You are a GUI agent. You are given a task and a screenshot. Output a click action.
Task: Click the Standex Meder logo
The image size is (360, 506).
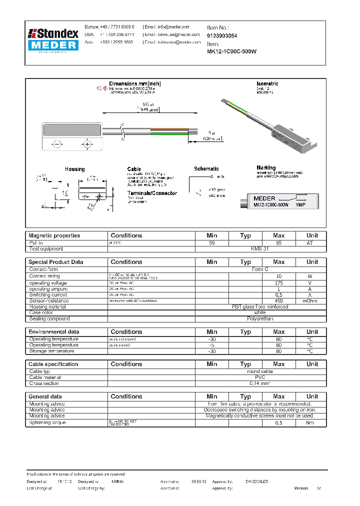click(54, 40)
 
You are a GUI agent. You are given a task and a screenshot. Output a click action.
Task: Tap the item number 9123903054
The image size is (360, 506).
click(222, 36)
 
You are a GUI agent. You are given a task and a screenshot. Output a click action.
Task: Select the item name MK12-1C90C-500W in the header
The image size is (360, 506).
click(231, 51)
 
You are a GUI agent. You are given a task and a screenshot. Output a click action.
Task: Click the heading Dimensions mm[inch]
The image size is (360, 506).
click(135, 83)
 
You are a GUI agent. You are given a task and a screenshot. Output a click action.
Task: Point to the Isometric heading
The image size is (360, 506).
click(267, 83)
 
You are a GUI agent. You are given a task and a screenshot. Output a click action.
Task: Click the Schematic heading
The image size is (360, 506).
click(206, 169)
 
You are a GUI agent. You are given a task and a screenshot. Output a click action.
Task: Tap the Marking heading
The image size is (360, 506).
click(266, 168)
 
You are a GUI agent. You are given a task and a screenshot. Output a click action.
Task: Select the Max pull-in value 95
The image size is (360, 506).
click(278, 242)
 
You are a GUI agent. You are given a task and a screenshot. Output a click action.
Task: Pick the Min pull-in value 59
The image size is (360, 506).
click(211, 242)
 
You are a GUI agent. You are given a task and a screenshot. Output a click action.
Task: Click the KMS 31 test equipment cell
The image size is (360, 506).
click(260, 248)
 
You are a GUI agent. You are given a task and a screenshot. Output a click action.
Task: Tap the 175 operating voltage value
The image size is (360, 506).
click(278, 283)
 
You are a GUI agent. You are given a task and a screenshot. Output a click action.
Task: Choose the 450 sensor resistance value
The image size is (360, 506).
click(278, 300)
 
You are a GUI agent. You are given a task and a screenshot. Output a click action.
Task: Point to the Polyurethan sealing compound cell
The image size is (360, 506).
click(260, 318)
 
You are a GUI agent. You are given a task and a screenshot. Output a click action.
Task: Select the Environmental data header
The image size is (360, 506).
click(53, 331)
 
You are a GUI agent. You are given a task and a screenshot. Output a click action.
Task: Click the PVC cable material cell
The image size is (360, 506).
click(260, 377)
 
